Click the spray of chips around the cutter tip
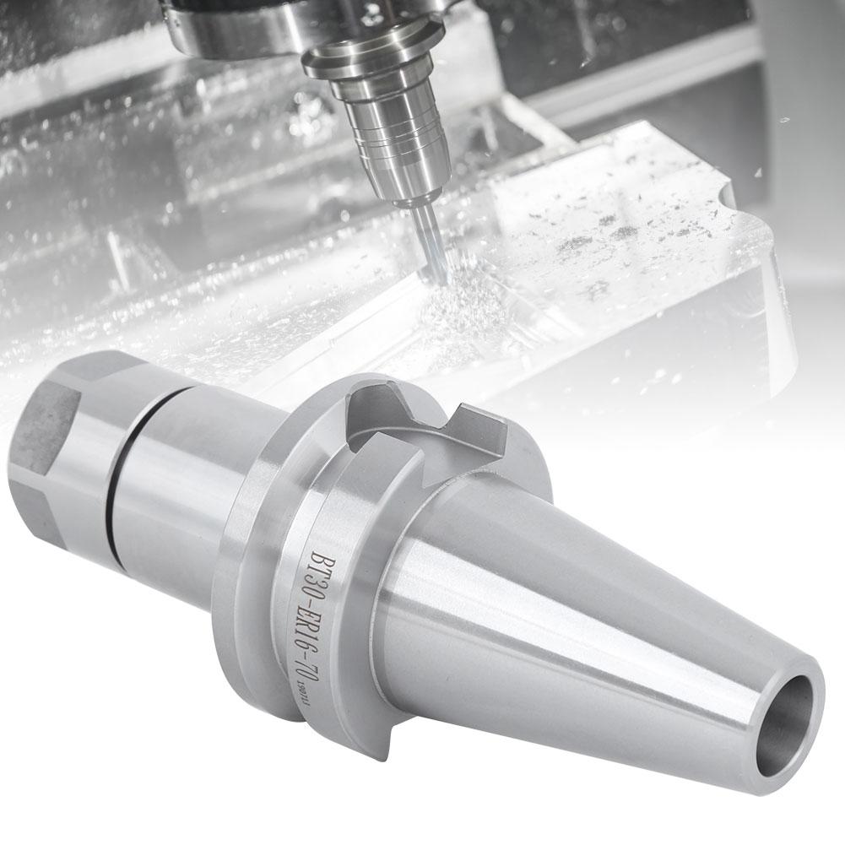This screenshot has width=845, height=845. (x=460, y=312)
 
